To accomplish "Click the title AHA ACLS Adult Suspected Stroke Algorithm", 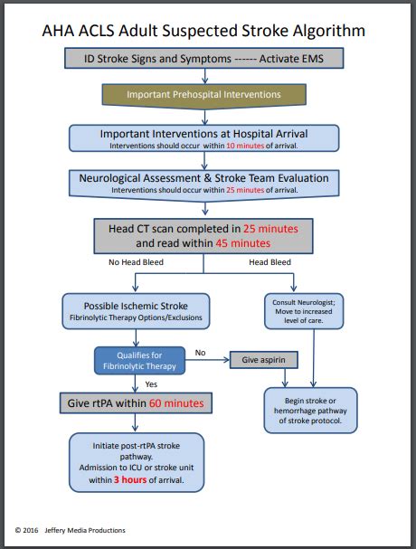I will [204, 31].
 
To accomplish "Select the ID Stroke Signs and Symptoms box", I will [204, 59].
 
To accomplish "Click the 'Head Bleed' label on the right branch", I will [270, 263].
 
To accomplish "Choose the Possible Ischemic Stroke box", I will [137, 312].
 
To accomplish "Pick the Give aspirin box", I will [263, 360].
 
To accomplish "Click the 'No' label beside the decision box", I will [201, 353].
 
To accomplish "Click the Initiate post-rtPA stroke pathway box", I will [137, 462].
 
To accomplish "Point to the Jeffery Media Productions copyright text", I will [86, 530].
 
